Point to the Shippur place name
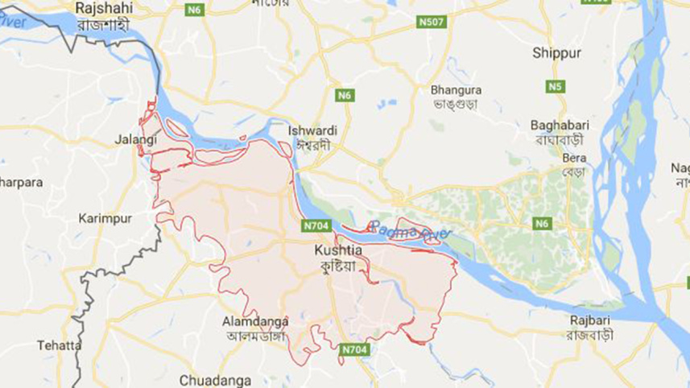556,54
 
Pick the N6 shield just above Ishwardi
344,95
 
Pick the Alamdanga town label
254,321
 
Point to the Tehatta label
59,345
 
